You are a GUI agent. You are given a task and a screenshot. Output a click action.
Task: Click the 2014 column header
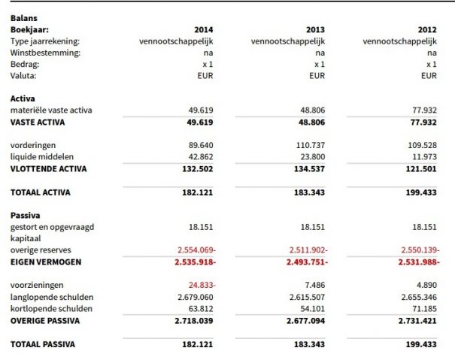tap(204, 29)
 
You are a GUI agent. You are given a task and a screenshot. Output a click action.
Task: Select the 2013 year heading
tap(315, 29)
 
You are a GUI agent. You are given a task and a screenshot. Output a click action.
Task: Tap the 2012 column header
tap(426, 29)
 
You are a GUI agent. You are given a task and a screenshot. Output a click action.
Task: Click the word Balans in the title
tap(23, 17)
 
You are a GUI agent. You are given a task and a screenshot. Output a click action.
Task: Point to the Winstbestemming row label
tap(46, 53)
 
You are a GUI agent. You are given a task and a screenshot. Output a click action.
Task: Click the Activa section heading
tap(23, 98)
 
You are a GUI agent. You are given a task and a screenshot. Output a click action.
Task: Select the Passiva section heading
tap(26, 215)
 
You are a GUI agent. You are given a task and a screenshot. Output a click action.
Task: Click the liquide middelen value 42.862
tap(202, 157)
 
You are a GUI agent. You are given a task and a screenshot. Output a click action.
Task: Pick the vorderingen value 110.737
tap(311, 145)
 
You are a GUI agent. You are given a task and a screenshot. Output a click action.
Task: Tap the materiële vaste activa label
tap(50, 110)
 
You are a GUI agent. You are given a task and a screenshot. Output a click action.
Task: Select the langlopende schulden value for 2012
tap(417, 298)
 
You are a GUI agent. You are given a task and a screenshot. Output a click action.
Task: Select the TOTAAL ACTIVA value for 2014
tap(199, 192)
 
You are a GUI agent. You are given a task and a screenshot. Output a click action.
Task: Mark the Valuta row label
tap(23, 76)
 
